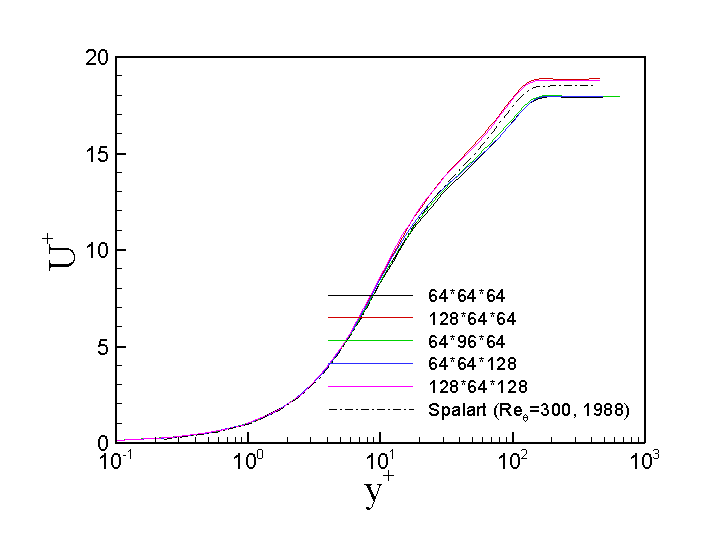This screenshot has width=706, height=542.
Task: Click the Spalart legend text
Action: point(528,409)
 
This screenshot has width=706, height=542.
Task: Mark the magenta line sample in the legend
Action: point(370,386)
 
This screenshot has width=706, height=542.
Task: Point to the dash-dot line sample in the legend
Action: point(370,409)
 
